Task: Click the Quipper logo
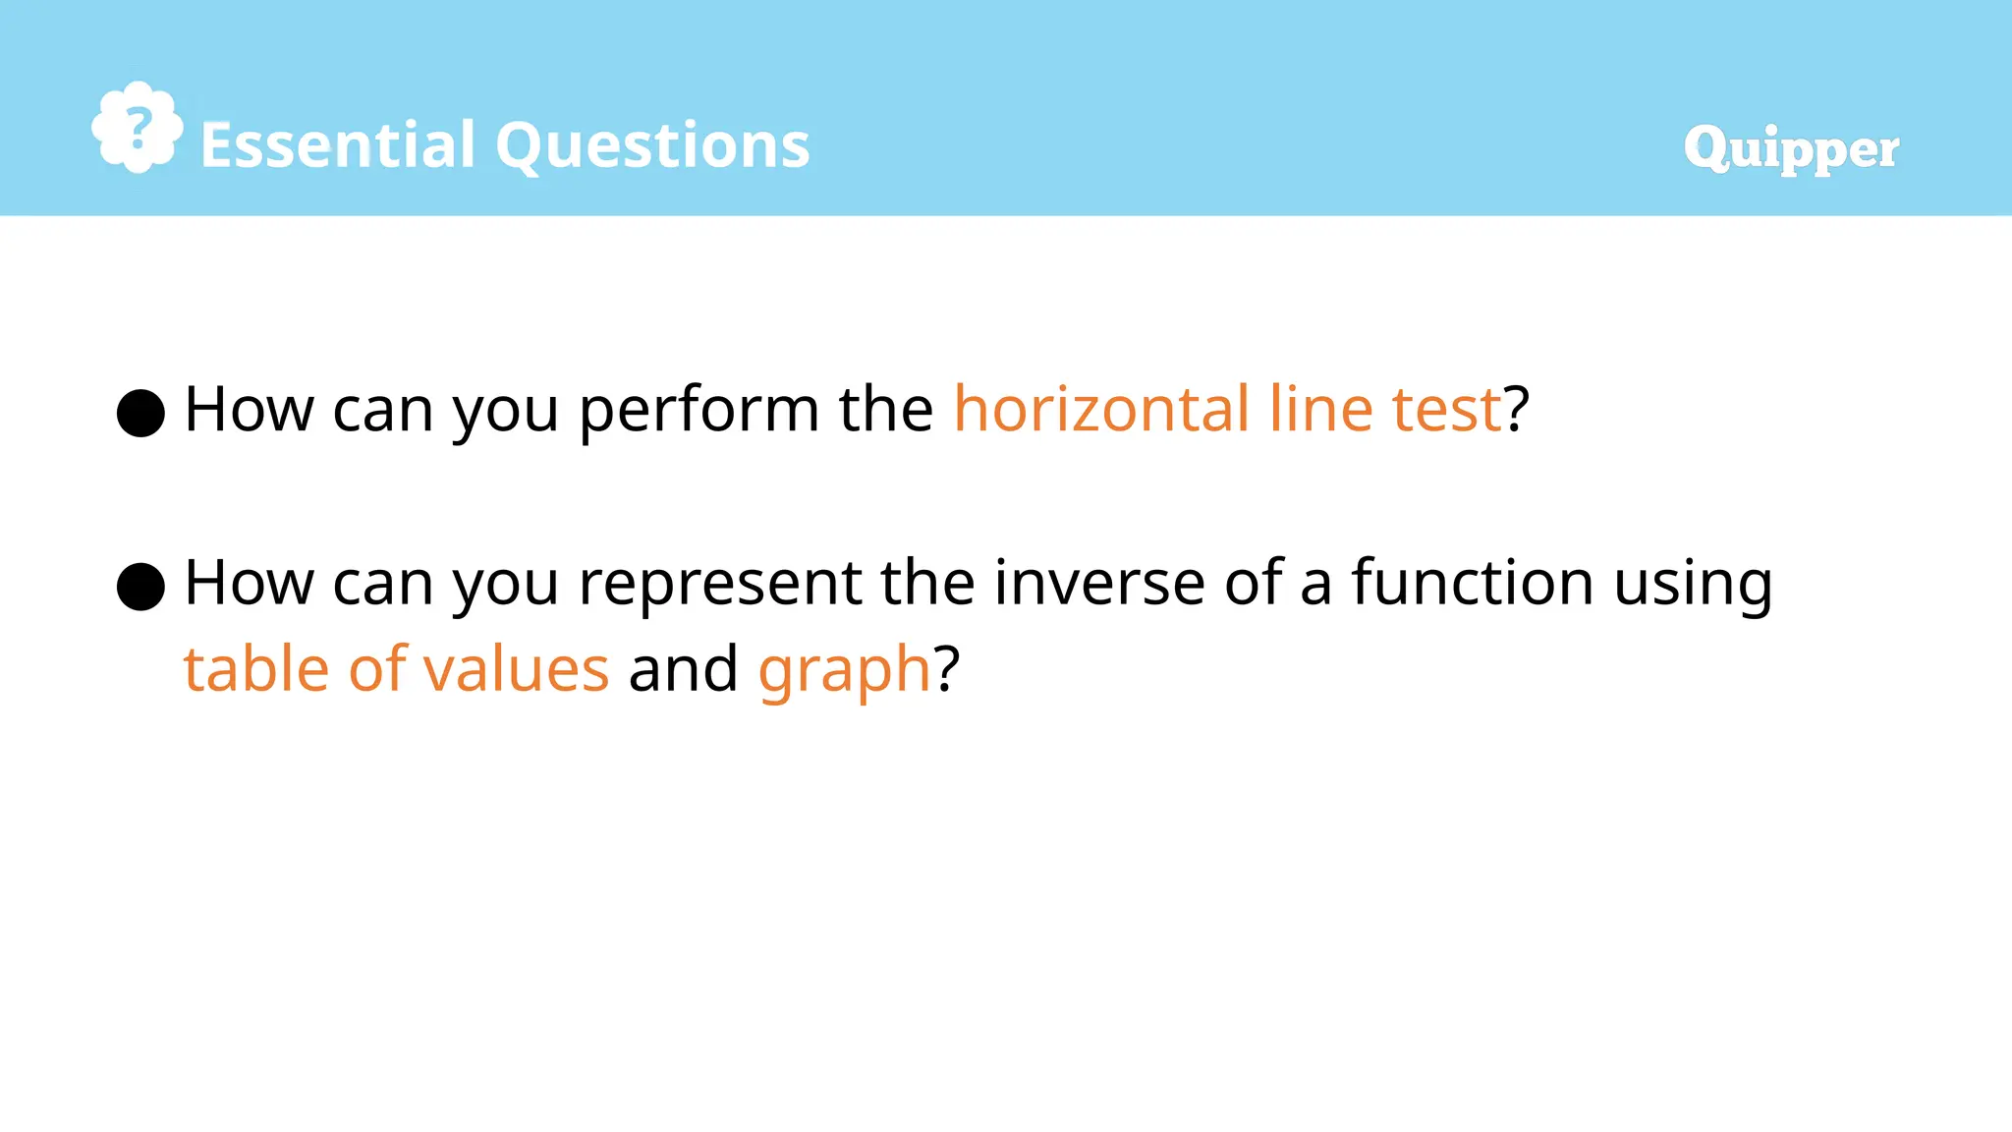coord(1790,148)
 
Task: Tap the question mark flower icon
coord(138,128)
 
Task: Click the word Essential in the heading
coord(338,145)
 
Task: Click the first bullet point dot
coord(140,413)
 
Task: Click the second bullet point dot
coord(140,587)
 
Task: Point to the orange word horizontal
coord(1101,409)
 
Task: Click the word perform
coord(699,411)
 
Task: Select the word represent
coord(720,585)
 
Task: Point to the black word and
coord(683,669)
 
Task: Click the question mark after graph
coord(946,669)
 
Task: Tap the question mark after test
coord(1517,409)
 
